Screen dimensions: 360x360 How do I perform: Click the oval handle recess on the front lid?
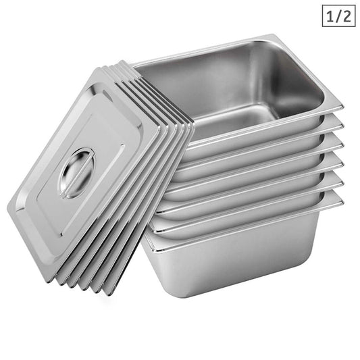click(76, 173)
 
